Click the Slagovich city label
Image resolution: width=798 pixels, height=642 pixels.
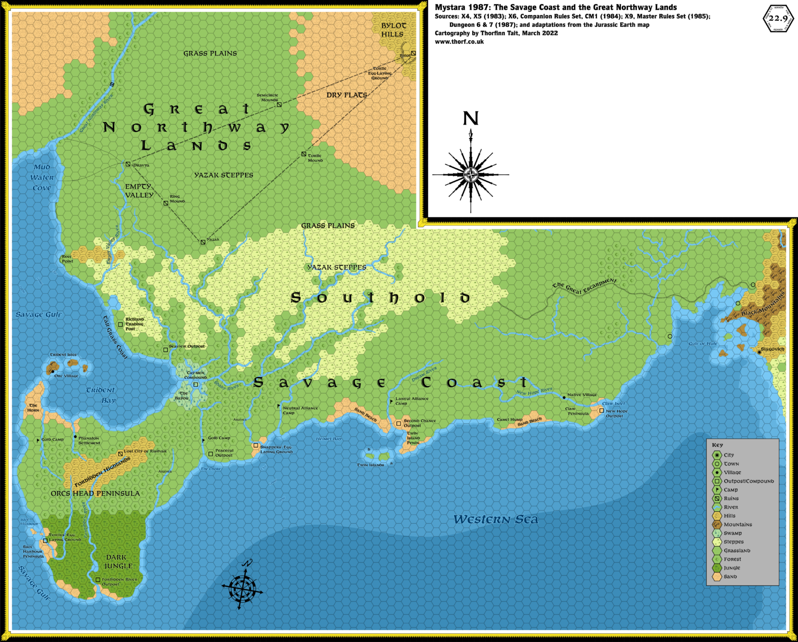[x=773, y=349]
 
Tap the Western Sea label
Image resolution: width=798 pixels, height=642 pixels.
[x=496, y=520]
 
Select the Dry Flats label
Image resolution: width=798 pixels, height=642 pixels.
[x=347, y=95]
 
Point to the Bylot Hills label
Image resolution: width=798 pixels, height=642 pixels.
[x=393, y=30]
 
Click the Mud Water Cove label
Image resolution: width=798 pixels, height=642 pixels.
[x=42, y=177]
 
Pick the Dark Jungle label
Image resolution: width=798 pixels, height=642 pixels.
[x=118, y=562]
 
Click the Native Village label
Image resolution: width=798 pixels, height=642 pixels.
[x=582, y=395]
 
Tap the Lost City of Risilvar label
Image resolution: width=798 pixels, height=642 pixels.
[x=145, y=451]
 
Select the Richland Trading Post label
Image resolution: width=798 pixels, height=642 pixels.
[x=135, y=324]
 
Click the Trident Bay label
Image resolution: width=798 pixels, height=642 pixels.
[x=101, y=395]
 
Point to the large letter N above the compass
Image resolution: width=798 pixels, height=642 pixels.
[x=471, y=119]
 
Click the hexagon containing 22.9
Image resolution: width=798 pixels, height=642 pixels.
[x=778, y=19]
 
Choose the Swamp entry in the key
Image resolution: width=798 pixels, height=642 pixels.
[x=733, y=533]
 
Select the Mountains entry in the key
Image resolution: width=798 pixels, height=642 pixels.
[x=738, y=525]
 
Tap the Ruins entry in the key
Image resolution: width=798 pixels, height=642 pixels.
[x=731, y=498]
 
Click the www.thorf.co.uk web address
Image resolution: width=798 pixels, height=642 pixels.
[x=459, y=42]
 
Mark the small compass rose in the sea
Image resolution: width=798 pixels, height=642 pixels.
[x=243, y=587]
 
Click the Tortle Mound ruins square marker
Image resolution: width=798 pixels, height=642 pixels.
[x=304, y=154]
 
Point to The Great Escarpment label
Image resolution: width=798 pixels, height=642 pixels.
[x=584, y=286]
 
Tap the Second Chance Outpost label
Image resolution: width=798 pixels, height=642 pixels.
[x=419, y=423]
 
